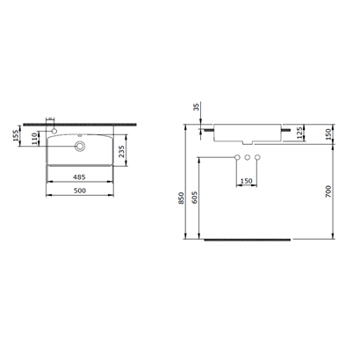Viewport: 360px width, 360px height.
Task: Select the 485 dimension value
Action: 80,176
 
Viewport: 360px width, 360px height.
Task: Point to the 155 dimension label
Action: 18,138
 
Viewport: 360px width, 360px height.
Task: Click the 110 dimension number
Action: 34,138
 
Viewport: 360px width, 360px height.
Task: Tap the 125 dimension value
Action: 302,132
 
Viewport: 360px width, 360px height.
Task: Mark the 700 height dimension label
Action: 328,190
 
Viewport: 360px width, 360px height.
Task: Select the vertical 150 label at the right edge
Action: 328,132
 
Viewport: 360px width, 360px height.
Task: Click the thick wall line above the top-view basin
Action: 79,120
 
